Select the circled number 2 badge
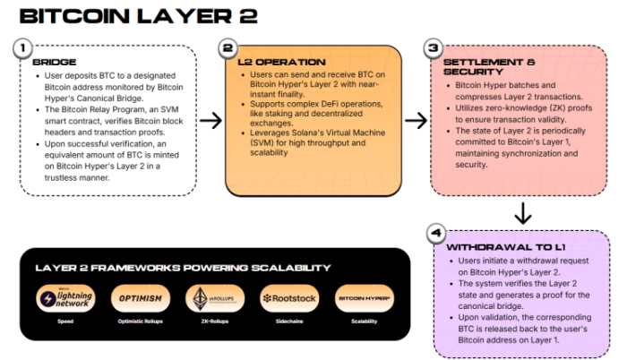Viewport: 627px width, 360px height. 228,48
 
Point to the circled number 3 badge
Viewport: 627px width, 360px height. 434,49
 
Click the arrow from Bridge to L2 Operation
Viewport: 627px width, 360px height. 210,119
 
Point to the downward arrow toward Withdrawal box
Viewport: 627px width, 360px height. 524,212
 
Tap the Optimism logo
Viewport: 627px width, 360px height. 140,298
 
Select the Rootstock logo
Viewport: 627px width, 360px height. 288,298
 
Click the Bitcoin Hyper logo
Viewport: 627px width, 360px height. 362,298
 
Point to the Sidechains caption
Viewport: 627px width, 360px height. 288,321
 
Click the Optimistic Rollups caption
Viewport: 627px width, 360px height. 140,321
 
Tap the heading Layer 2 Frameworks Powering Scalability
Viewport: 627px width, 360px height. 183,268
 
